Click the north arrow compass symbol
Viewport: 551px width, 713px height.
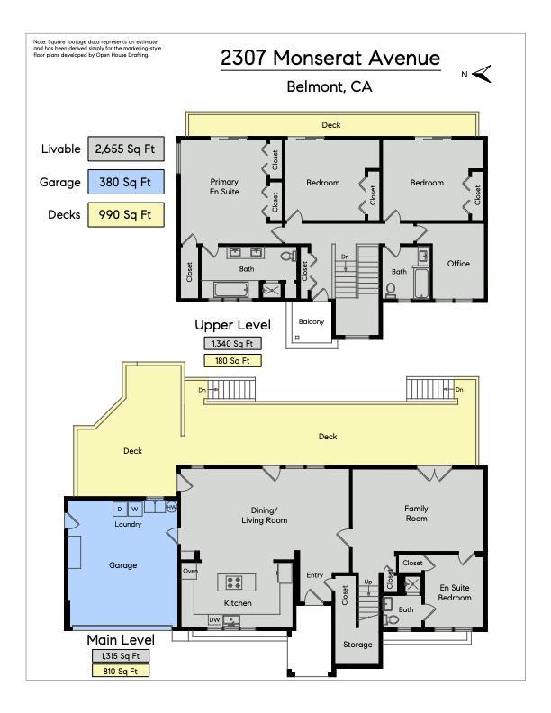482,74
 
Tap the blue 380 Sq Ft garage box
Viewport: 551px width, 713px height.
125,182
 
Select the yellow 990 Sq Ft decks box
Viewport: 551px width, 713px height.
125,214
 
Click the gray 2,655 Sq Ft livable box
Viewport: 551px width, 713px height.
125,149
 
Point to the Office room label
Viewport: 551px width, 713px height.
458,263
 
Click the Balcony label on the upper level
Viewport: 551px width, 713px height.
312,321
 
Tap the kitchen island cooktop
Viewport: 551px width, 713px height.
235,582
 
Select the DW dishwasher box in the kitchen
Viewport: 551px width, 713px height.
214,620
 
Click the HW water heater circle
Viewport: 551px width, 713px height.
171,507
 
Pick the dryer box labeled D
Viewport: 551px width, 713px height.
120,509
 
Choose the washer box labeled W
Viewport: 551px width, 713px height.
134,509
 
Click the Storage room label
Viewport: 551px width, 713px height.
357,645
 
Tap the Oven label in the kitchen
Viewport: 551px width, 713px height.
190,571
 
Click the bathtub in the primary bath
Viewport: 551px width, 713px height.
231,290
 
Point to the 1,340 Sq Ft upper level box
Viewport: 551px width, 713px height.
232,344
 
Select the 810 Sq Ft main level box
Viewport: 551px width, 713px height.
121,671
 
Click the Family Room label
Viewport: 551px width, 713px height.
417,513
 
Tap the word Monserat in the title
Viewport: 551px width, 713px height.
316,58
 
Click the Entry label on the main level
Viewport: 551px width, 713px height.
314,575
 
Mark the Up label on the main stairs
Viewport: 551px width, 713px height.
368,582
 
